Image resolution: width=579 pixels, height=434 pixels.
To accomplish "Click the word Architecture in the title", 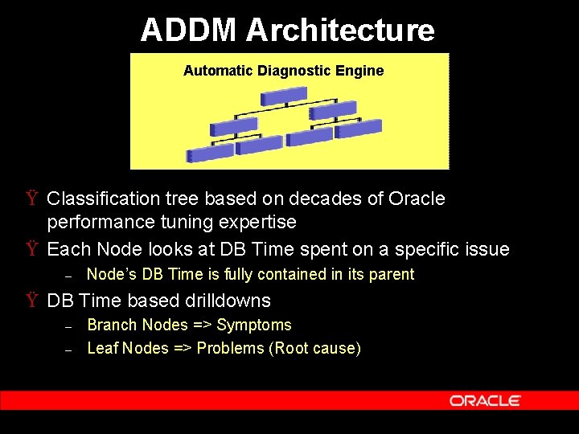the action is pyautogui.click(x=340, y=31).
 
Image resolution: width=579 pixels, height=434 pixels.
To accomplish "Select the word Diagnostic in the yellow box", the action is pyautogui.click(x=297, y=71).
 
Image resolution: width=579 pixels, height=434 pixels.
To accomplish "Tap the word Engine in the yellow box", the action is pyautogui.click(x=360, y=71).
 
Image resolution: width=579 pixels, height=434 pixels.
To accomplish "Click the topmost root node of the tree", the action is pyautogui.click(x=285, y=96).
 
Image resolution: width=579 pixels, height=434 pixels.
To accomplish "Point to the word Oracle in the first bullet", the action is pyautogui.click(x=416, y=199).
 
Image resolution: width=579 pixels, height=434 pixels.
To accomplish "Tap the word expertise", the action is pyautogui.click(x=257, y=222).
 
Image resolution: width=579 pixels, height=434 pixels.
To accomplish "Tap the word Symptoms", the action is pyautogui.click(x=254, y=325).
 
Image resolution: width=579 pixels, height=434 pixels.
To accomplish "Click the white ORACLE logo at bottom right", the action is pyautogui.click(x=485, y=400).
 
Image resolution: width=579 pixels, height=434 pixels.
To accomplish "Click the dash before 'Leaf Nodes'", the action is pyautogui.click(x=68, y=350).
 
